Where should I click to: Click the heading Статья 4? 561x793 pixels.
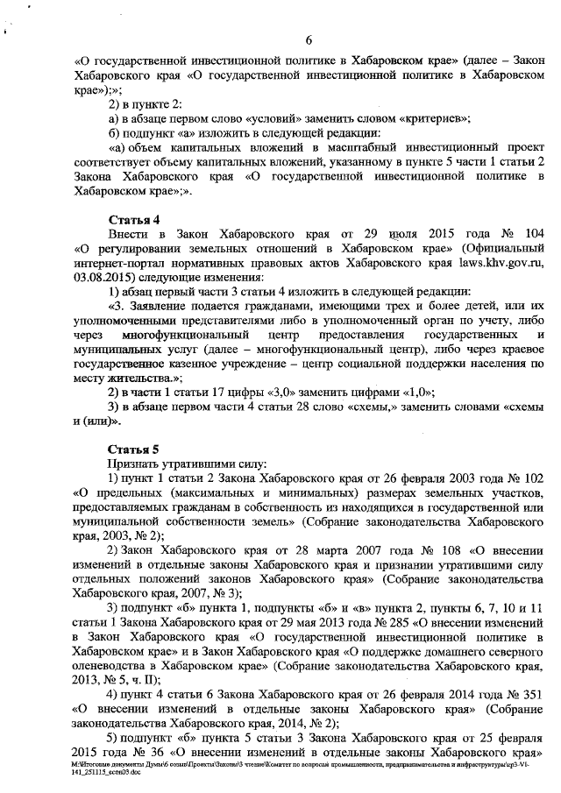tap(132, 218)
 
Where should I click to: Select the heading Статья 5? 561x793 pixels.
tap(132, 449)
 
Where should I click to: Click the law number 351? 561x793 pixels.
tap(530, 693)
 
